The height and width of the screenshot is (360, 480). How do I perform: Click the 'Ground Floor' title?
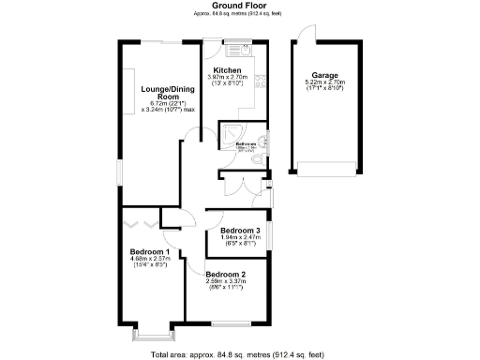239,6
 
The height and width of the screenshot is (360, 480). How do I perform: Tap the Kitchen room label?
228,71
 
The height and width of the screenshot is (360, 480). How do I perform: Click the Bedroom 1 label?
149,252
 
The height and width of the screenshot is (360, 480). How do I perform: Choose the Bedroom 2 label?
225,275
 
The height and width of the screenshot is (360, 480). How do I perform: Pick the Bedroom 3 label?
239,231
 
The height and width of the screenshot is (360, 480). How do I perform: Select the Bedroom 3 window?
270,232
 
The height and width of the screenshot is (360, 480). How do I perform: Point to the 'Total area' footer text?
239,353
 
